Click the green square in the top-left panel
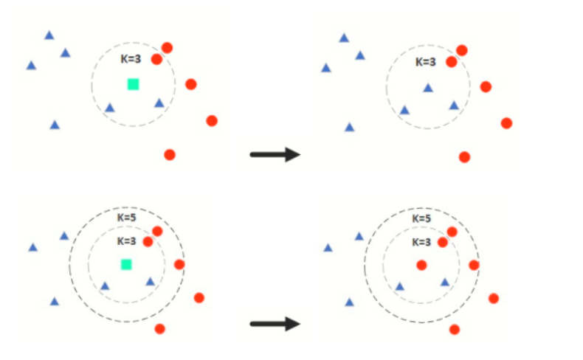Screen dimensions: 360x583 point(133,84)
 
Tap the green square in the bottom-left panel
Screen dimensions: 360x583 point(126,264)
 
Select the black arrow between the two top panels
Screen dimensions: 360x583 point(275,154)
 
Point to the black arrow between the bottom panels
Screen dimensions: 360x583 point(275,324)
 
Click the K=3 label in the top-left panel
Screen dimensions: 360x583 point(131,58)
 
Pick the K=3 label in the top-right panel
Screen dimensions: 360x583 point(426,62)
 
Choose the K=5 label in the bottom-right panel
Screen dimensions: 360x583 point(421,218)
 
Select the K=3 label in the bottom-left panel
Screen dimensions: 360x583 point(127,240)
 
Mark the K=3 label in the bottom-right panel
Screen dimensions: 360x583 point(421,241)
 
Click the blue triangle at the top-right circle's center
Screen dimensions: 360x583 point(428,88)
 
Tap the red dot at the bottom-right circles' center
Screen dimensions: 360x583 point(421,265)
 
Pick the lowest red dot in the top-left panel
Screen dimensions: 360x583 point(170,155)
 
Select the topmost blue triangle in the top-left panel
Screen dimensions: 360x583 point(49,35)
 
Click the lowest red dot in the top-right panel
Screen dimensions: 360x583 point(464,157)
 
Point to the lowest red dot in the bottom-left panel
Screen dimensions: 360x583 point(159,328)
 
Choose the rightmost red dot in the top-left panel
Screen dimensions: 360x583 point(212,121)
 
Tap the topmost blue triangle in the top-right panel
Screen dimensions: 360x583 point(344,38)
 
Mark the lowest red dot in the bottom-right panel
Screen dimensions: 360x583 point(455,329)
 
